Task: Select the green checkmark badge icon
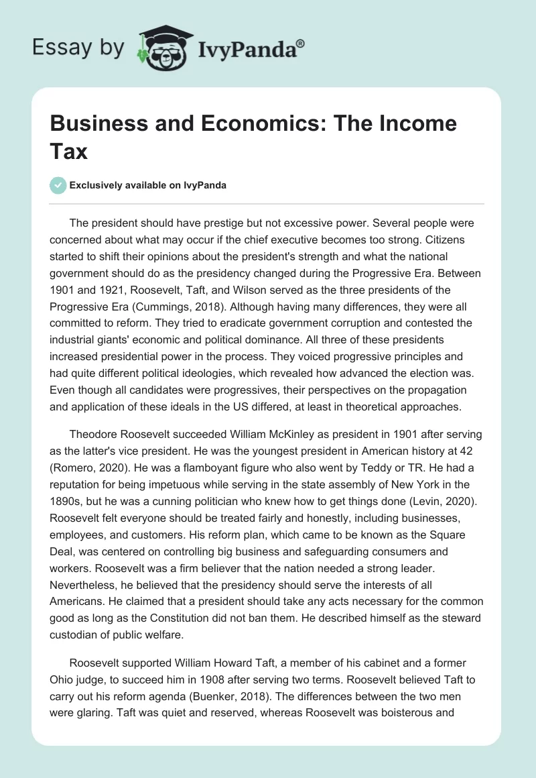(59, 185)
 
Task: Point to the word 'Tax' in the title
(69, 151)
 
